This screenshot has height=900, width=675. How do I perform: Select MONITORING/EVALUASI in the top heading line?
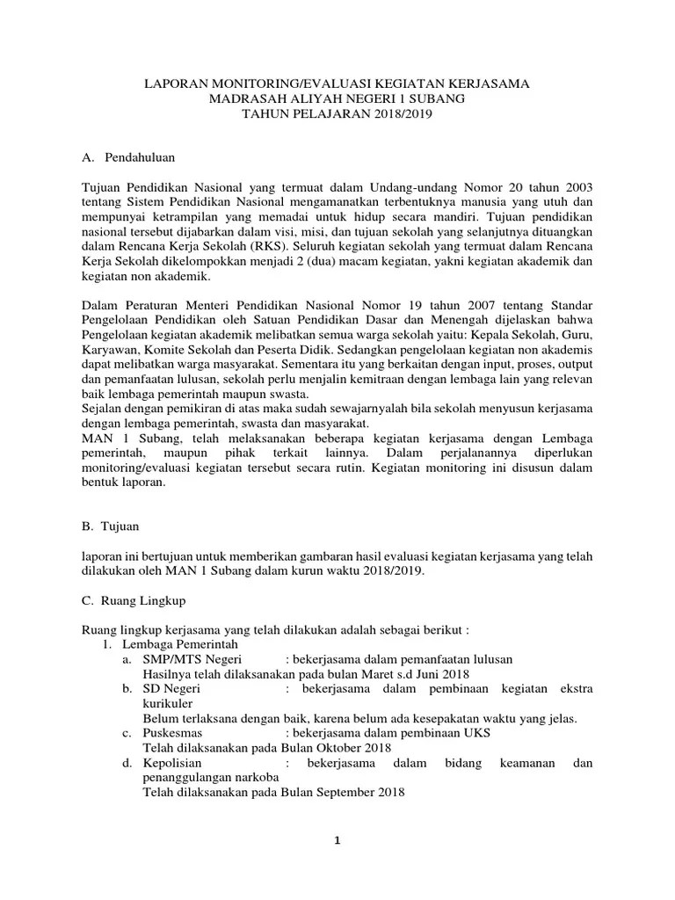(x=280, y=84)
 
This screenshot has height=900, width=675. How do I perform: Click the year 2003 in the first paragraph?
(x=575, y=187)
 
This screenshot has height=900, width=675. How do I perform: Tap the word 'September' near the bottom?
(x=335, y=792)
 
